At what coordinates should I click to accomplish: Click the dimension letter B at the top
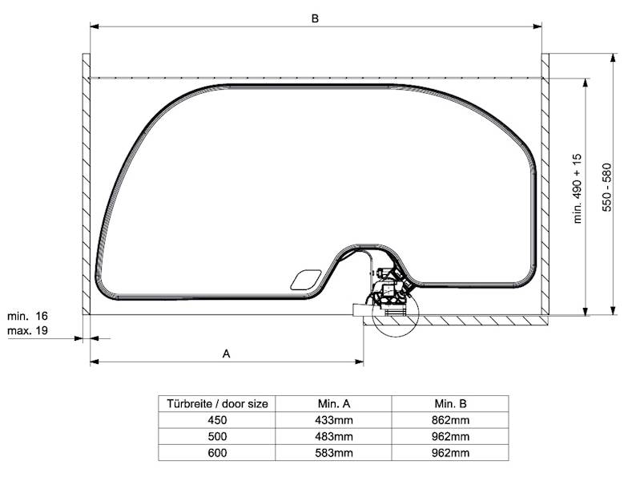315,18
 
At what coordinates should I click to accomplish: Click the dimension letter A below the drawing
226,354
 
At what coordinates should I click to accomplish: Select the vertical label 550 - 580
606,187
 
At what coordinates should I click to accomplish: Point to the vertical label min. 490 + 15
578,188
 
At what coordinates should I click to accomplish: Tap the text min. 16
27,316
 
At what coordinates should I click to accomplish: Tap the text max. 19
27,330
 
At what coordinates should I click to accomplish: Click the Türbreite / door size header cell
217,404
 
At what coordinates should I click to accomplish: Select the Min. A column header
334,404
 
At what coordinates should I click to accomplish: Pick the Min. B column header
450,404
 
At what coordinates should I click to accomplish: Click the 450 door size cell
217,420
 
